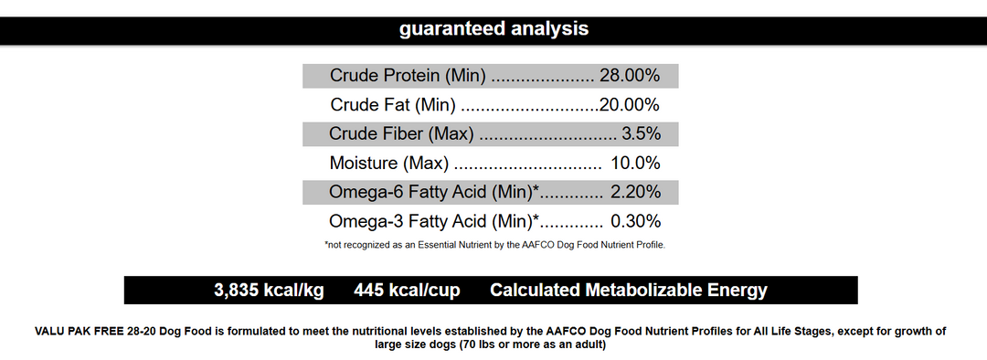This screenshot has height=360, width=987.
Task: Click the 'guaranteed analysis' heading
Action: pyautogui.click(x=493, y=29)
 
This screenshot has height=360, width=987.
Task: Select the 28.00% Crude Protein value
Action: pyautogui.click(x=630, y=76)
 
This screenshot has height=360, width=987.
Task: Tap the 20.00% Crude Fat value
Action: pyautogui.click(x=630, y=105)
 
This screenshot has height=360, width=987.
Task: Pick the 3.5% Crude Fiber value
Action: pyautogui.click(x=641, y=134)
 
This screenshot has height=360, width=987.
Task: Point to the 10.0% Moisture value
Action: pyautogui.click(x=635, y=164)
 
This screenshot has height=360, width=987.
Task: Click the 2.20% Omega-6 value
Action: pyautogui.click(x=635, y=193)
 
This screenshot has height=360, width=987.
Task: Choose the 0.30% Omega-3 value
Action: pyautogui.click(x=635, y=221)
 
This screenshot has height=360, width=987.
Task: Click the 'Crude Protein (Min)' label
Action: pyautogui.click(x=408, y=76)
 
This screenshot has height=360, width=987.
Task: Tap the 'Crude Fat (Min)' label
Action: pyautogui.click(x=393, y=105)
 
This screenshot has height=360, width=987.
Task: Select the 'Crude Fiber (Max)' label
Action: pyautogui.click(x=401, y=134)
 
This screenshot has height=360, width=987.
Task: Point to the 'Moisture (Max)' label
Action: pyautogui.click(x=389, y=164)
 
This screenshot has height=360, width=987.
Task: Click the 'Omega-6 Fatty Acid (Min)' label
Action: pyautogui.click(x=431, y=193)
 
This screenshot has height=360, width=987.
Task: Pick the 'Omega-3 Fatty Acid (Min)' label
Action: pyautogui.click(x=431, y=221)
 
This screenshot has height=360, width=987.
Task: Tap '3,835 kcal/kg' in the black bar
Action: pyautogui.click(x=269, y=291)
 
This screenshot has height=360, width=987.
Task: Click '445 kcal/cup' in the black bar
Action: pyautogui.click(x=407, y=291)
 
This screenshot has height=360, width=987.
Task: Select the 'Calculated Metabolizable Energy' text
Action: pyautogui.click(x=629, y=291)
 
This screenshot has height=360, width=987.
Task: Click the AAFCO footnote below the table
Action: pyautogui.click(x=494, y=245)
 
